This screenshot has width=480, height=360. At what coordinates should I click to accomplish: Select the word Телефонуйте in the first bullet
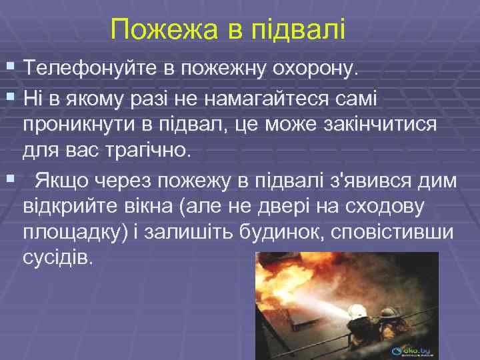tap(96, 69)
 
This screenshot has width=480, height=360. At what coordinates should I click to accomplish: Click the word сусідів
tap(63, 258)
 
